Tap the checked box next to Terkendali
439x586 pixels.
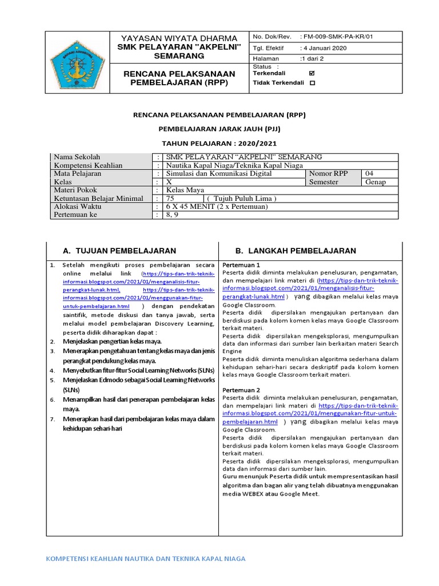(312, 73)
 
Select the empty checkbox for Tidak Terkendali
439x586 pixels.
(312, 83)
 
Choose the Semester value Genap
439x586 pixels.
(375, 182)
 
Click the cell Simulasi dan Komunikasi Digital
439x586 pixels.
(219, 173)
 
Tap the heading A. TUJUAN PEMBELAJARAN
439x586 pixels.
(119, 251)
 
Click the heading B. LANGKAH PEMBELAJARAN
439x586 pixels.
(296, 251)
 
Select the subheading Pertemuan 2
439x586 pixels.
(241, 390)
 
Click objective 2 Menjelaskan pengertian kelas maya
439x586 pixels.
(112, 342)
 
